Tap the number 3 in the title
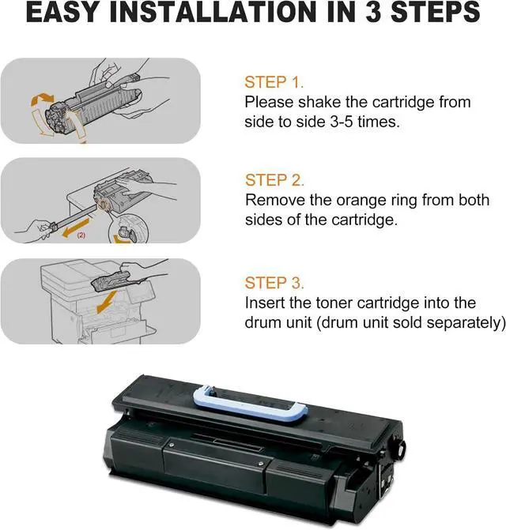372,12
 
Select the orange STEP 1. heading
274,82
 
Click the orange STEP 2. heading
274,180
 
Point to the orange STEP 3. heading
274,283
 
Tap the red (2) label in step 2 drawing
81,235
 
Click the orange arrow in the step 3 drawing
107,302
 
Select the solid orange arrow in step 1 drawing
42,99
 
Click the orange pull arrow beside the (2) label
76,227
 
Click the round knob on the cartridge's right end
399,449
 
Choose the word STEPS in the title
436,12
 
